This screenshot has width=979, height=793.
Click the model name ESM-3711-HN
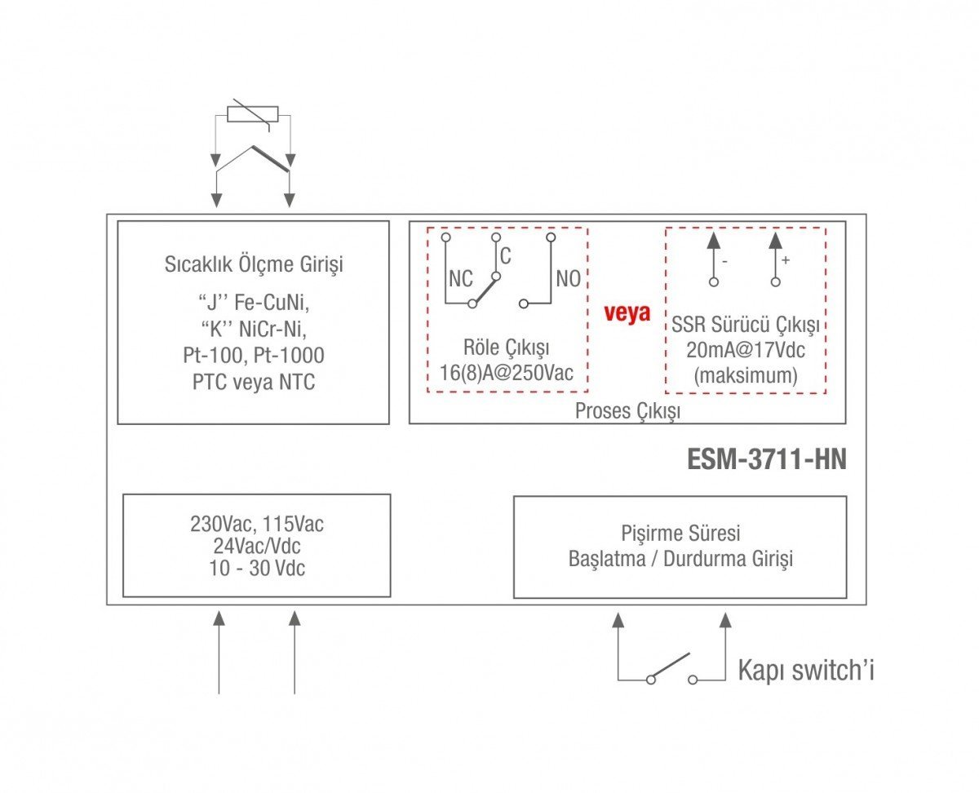[x=766, y=459]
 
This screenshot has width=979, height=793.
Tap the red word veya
[x=627, y=313]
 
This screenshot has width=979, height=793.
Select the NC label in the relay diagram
[x=461, y=279]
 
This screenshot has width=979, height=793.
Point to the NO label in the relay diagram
[x=569, y=279]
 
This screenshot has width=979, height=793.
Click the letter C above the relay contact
[x=506, y=256]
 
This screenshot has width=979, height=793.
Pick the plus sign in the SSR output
[x=786, y=260]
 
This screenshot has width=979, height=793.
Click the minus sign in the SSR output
[x=724, y=262]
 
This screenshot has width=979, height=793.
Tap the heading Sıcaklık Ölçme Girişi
[x=254, y=264]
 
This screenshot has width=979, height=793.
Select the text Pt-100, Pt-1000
[x=254, y=355]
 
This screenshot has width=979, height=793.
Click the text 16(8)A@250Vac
[x=507, y=372]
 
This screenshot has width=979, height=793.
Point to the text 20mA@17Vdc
[x=746, y=350]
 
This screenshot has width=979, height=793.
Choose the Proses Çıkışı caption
[x=627, y=410]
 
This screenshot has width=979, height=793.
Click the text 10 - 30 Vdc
[x=257, y=568]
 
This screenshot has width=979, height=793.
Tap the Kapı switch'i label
[x=806, y=671]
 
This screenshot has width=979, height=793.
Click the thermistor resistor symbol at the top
[x=252, y=114]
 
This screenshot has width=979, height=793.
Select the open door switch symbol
[x=671, y=669]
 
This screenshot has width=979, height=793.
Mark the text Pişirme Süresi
[x=680, y=534]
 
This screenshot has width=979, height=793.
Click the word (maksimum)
[x=746, y=375]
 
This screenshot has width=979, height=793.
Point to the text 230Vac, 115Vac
[x=257, y=524]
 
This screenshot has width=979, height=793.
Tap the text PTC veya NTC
[x=254, y=382]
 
